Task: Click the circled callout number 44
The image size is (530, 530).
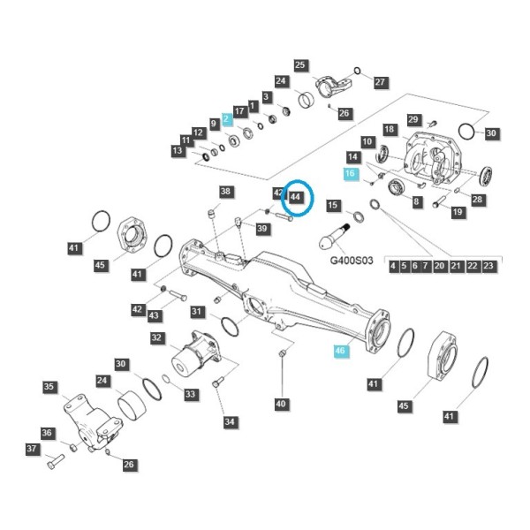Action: [x=295, y=197]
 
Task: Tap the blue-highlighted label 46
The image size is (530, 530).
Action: [x=340, y=351]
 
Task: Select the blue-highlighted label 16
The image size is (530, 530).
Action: [x=350, y=173]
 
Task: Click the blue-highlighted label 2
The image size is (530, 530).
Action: [x=226, y=119]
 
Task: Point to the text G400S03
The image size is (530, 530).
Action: [x=352, y=261]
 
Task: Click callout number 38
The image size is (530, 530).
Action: [x=225, y=192]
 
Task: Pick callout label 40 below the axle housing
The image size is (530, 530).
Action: [x=281, y=404]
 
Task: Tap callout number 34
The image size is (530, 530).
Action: [x=230, y=422]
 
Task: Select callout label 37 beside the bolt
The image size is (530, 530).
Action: [x=32, y=449]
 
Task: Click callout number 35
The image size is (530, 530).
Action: [x=49, y=387]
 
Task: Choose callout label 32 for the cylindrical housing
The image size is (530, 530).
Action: [x=156, y=337]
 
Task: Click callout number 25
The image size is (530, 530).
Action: [x=299, y=64]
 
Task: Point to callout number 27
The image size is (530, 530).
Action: [x=380, y=82]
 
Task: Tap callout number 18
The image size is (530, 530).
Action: [x=390, y=129]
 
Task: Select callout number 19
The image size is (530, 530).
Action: [x=458, y=212]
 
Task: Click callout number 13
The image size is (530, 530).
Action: [x=178, y=150]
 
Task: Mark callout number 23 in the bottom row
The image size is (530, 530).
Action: [x=488, y=266]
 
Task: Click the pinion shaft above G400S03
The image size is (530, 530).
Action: [x=334, y=238]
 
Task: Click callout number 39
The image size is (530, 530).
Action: [x=262, y=229]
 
